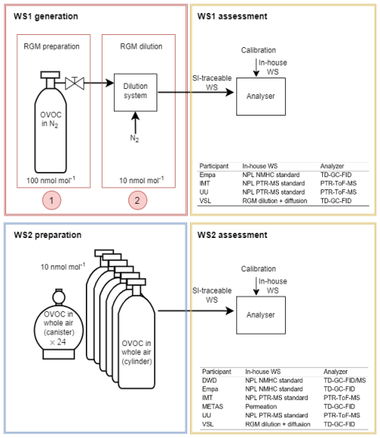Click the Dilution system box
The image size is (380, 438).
(x=135, y=93)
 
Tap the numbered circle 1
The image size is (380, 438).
(x=52, y=200)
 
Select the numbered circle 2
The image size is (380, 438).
(x=138, y=200)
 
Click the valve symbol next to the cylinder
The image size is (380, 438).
(x=74, y=83)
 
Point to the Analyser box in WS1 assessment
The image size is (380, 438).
(x=261, y=97)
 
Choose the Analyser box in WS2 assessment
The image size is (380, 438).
(x=261, y=315)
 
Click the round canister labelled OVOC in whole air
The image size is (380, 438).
(x=59, y=324)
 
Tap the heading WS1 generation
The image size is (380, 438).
(x=46, y=16)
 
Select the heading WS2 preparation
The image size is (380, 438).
(x=47, y=235)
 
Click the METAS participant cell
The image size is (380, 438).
(x=213, y=406)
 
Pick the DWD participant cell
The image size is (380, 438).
(x=210, y=380)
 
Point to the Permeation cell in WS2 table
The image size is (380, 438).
(x=261, y=406)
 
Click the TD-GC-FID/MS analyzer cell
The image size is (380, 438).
(x=344, y=380)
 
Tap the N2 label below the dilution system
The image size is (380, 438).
(x=135, y=138)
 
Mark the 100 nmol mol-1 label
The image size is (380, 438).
(x=51, y=180)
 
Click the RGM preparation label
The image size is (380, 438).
(x=52, y=46)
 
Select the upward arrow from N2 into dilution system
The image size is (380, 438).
(x=135, y=122)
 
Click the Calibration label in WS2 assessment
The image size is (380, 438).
(x=258, y=268)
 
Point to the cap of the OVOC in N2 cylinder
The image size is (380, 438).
(x=50, y=75)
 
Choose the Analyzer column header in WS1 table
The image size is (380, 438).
(x=332, y=166)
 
